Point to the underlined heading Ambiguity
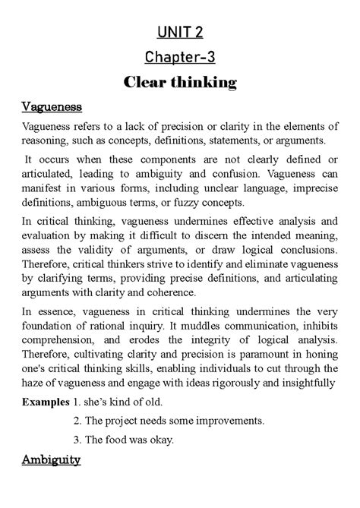point(52,460)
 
